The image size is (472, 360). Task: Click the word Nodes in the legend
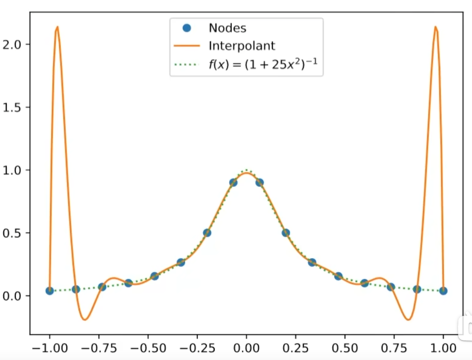click(227, 28)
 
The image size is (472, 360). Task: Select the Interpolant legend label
click(241, 46)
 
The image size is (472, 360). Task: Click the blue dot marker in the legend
click(186, 28)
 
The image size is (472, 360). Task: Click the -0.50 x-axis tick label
click(145, 349)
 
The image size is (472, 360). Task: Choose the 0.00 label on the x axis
click(246, 349)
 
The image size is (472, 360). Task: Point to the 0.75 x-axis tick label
click(345, 349)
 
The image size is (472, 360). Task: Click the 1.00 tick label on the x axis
click(443, 349)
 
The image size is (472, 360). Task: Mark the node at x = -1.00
click(50, 290)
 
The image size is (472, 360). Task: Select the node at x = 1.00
click(443, 290)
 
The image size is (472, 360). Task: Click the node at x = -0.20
click(207, 233)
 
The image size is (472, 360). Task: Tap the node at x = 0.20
click(286, 233)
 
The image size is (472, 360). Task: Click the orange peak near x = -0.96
click(57, 27)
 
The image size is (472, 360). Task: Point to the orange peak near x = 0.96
click(435, 27)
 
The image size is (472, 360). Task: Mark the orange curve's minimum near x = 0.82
click(408, 320)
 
